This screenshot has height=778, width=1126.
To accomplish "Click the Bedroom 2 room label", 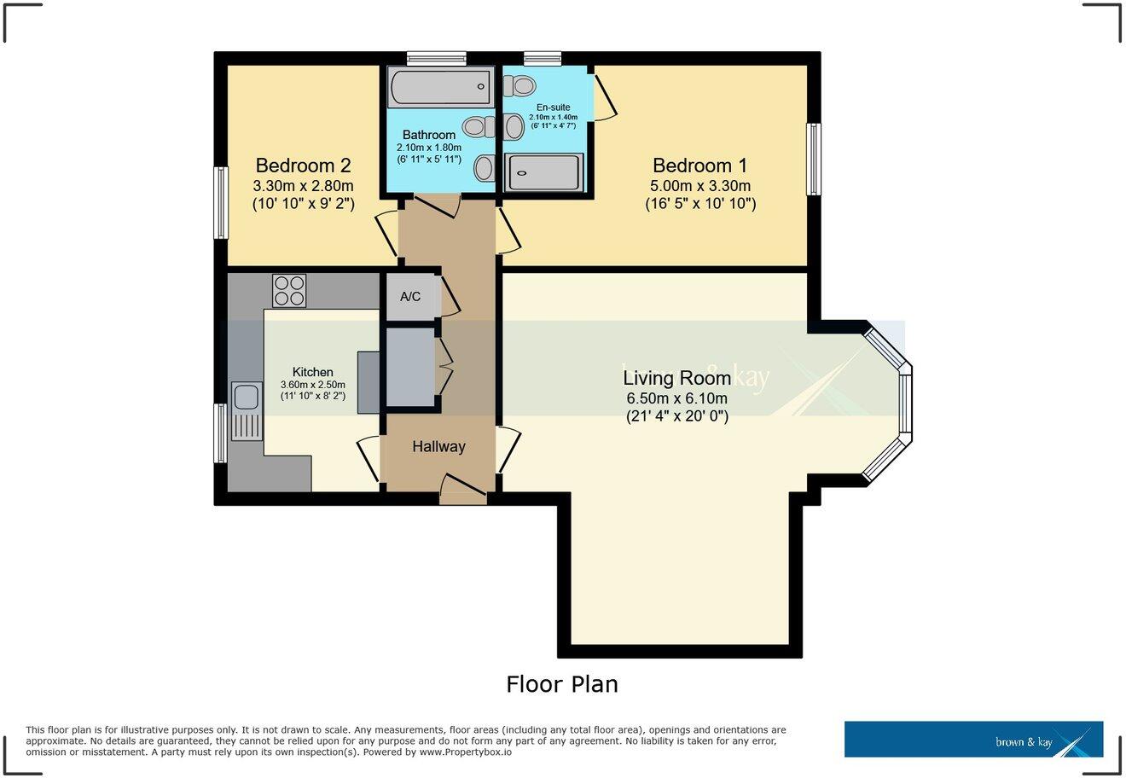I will [303, 165].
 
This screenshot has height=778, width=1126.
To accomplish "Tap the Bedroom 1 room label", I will [699, 165].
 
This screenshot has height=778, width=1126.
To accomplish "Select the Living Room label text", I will [676, 378].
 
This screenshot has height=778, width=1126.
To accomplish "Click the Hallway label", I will [438, 446].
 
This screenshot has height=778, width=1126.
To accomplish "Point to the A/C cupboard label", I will [410, 297].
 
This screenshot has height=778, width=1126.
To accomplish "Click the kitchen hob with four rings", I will [289, 290].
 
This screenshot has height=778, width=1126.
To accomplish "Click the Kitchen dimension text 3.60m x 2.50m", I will [312, 385].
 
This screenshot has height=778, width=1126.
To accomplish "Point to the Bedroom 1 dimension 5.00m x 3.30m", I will [699, 186].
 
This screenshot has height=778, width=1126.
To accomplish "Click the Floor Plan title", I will [561, 684].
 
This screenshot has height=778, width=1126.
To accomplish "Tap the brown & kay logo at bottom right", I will [973, 740].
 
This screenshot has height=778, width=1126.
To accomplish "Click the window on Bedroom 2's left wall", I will [221, 203].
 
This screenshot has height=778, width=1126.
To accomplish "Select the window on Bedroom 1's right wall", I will [814, 160].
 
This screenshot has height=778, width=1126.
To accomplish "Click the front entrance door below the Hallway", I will [463, 491].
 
